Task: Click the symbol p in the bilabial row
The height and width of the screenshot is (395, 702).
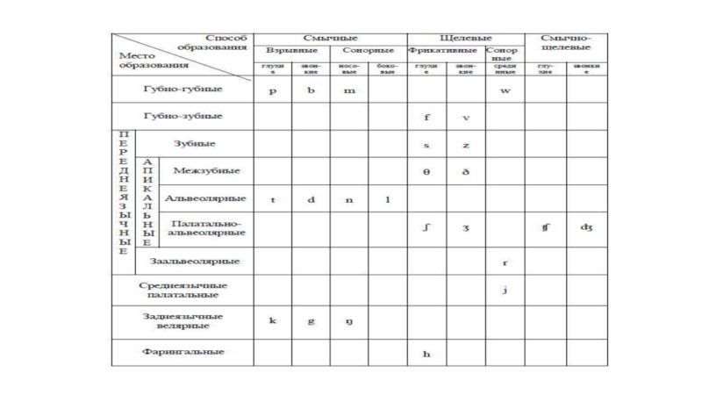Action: [273, 91]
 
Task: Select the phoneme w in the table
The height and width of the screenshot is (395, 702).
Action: [505, 91]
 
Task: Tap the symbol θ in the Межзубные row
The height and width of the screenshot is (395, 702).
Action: [426, 171]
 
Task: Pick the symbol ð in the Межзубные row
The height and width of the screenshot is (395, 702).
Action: [466, 171]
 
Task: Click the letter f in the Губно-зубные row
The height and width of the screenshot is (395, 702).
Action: [426, 117]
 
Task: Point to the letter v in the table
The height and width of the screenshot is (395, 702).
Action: [466, 117]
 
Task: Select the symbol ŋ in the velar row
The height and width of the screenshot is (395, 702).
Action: [348, 321]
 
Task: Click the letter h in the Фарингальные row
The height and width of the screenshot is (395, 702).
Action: [426, 354]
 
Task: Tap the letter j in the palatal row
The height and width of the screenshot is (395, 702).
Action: [505, 291]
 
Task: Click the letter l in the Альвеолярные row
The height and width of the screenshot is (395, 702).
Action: [387, 199]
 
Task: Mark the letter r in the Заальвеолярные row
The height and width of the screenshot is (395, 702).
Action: [505, 262]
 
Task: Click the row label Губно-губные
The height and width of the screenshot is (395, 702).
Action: [183, 90]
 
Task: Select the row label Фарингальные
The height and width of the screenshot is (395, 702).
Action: [183, 351]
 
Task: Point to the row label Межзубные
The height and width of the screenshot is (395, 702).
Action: [207, 170]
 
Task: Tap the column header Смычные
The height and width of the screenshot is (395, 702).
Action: [330, 39]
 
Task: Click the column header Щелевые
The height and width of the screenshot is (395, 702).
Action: [466, 39]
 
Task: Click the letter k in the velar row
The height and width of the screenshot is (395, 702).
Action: [273, 320]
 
